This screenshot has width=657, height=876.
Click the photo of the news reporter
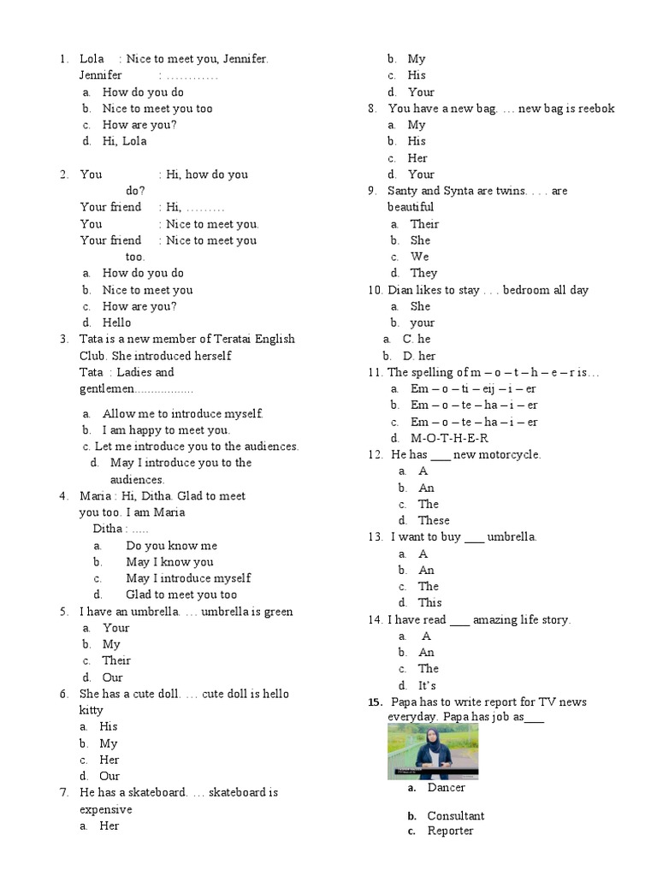point(432,751)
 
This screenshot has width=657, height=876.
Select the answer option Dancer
point(446,787)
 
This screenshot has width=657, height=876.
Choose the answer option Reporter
point(450,831)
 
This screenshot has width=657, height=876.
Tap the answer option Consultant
point(455,815)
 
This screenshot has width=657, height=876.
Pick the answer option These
point(433,520)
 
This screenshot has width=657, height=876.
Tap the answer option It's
point(427,685)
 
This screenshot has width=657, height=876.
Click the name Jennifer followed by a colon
point(101,75)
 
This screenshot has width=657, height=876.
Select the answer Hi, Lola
point(125,141)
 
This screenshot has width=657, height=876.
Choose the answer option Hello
point(117,323)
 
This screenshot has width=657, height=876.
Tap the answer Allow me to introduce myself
point(182,413)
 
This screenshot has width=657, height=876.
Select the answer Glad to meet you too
point(181,595)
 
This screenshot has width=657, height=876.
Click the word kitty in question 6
point(91,710)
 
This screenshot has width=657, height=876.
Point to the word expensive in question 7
point(106,809)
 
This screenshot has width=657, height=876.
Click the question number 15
point(375,701)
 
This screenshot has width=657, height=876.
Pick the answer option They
point(423,273)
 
